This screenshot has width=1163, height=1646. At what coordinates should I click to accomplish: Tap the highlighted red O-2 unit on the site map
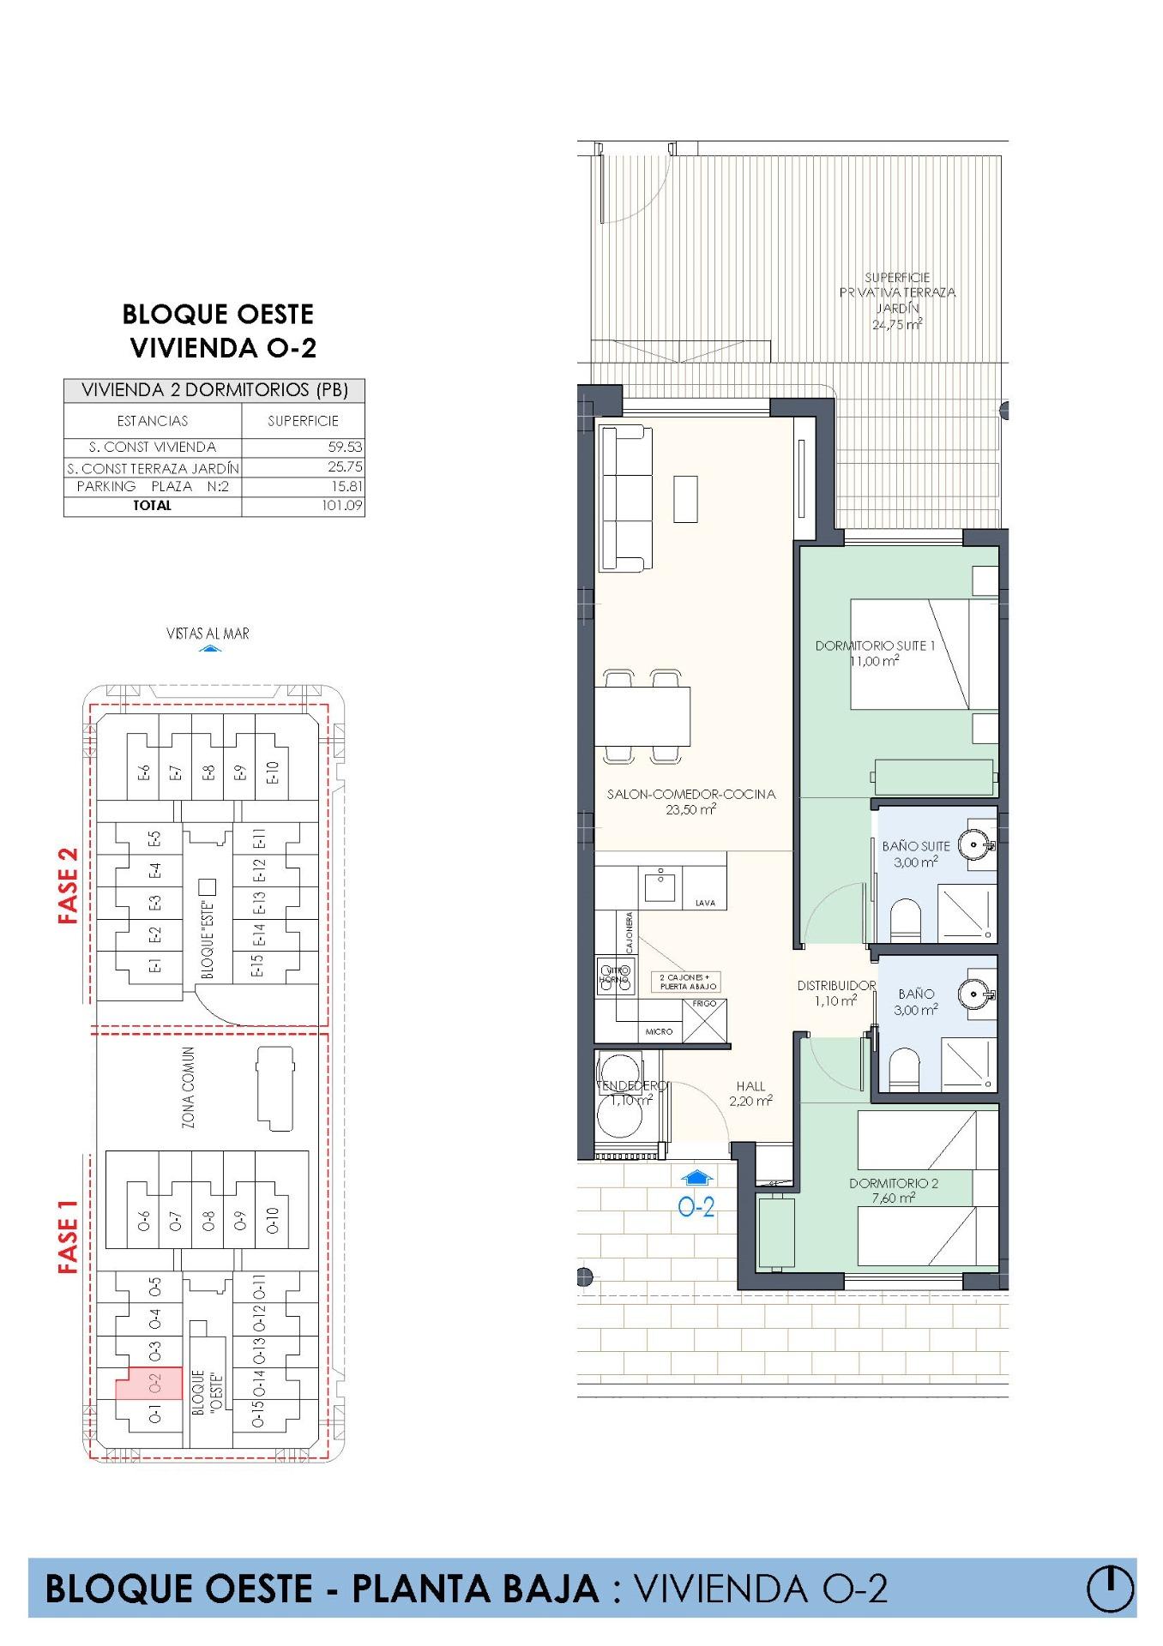pos(154,1383)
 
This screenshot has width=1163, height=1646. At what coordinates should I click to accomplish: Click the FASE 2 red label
pos(69,886)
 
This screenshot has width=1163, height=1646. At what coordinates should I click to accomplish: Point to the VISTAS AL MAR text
pos(208,634)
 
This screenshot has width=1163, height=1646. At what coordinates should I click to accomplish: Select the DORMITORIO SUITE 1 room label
pos(875,646)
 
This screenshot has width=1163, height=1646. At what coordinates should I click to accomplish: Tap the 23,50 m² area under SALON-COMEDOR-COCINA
pos(690,808)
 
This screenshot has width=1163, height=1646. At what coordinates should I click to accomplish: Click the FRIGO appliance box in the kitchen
pos(705,1019)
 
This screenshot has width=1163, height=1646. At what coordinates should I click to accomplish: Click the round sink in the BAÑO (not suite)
pos(976,994)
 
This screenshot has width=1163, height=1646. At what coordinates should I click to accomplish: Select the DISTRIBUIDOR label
pos(836,986)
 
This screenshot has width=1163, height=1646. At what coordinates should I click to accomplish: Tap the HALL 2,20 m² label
pos(750,1093)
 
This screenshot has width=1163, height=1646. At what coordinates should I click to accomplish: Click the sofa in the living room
pos(624,498)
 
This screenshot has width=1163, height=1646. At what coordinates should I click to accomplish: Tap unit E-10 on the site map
pos(273,772)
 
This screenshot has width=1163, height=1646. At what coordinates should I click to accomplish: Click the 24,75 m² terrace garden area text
pos(897,325)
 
